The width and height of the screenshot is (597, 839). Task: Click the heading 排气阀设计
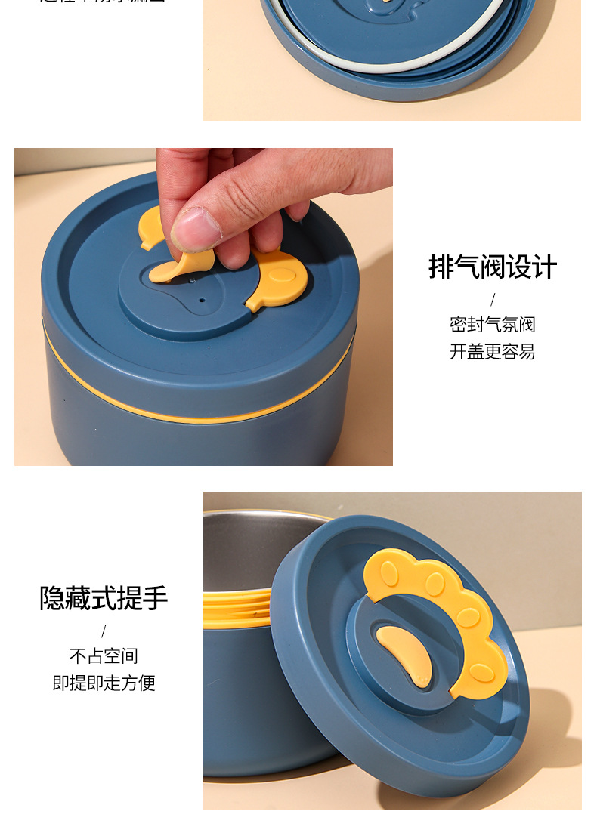[x=493, y=267]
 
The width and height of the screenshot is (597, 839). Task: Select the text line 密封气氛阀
[x=493, y=325]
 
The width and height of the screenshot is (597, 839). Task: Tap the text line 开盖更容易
[x=493, y=352]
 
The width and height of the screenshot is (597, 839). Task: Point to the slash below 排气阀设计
[x=493, y=299]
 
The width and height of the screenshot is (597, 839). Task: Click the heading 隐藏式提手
[x=104, y=597]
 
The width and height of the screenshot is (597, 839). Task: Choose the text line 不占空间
[x=104, y=655]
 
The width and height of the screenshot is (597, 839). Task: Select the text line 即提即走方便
[x=104, y=683]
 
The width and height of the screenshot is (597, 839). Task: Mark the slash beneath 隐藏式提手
[x=104, y=631]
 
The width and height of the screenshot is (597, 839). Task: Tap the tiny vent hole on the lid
[x=202, y=300]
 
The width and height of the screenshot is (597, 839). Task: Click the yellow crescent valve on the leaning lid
[x=407, y=654]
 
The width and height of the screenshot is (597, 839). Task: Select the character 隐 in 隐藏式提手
[x=52, y=597]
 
